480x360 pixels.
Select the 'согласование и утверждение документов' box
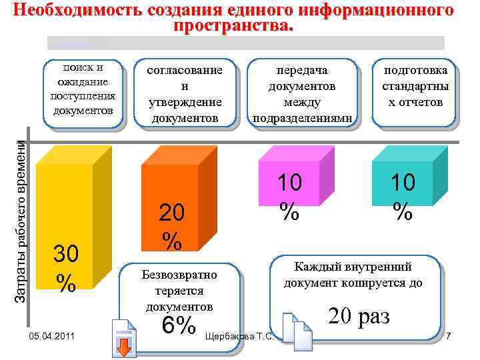[x=185, y=94]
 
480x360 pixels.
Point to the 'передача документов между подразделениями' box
[x=301, y=94]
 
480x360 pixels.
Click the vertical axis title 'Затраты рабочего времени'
[x=21, y=213]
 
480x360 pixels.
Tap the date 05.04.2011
[x=47, y=335]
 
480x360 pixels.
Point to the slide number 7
[x=449, y=335]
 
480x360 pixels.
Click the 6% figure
[x=179, y=325]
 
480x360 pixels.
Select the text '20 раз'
[x=358, y=315]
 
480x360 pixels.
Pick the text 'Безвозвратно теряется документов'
[x=179, y=291]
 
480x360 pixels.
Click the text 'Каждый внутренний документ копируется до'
[x=353, y=275]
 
